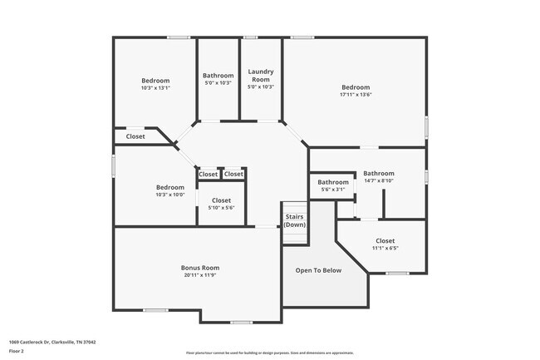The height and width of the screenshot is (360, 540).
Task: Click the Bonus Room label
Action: click(200, 268)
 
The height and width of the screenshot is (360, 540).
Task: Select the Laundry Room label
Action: click(261, 76)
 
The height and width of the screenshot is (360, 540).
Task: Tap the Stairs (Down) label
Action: click(294, 221)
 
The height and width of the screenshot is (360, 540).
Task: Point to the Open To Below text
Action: click(319, 270)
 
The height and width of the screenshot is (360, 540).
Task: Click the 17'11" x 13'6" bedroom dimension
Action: click(356, 95)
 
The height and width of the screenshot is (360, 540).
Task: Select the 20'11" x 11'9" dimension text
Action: click(200, 275)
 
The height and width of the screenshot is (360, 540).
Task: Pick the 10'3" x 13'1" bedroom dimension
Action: click(155, 88)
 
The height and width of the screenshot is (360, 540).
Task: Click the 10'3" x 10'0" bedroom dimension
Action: click(170, 195)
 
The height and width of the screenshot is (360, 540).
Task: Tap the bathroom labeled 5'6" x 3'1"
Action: click(333, 185)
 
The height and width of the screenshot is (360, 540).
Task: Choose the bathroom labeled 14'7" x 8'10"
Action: click(378, 177)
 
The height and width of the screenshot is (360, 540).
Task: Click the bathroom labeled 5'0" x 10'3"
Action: click(218, 79)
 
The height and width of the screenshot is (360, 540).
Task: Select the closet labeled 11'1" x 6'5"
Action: click(385, 244)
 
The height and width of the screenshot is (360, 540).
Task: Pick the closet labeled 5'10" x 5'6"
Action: click(221, 204)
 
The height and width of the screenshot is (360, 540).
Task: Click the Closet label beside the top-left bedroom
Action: click(135, 136)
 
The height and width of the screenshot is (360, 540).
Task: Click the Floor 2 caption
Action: click(17, 350)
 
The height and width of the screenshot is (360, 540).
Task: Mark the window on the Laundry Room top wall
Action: click(250, 37)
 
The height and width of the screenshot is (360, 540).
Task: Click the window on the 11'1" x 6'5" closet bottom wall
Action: click(397, 273)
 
